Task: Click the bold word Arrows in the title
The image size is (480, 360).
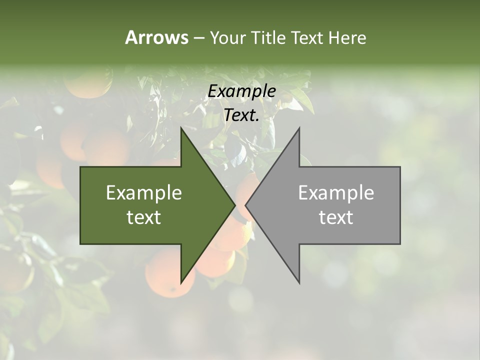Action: tap(156, 37)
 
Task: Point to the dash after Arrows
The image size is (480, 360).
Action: tap(198, 38)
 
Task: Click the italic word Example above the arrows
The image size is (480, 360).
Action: tap(242, 91)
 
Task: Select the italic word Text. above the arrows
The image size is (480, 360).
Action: tap(242, 115)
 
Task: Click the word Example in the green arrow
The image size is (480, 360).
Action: tap(144, 192)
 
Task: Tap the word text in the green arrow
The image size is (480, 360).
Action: tap(144, 217)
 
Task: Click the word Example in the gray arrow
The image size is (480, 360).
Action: tap(336, 192)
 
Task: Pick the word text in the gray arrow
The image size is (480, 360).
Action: tap(336, 217)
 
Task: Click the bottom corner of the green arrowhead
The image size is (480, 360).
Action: tap(181, 282)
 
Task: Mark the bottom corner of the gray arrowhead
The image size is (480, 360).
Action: tap(299, 282)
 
